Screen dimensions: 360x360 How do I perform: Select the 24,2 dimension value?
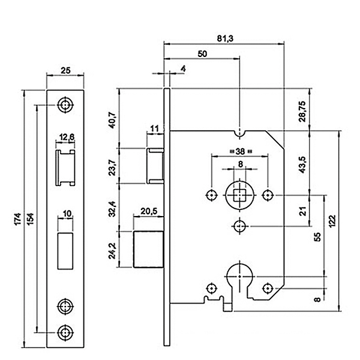(111, 248)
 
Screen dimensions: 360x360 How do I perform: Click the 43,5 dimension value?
(302, 163)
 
